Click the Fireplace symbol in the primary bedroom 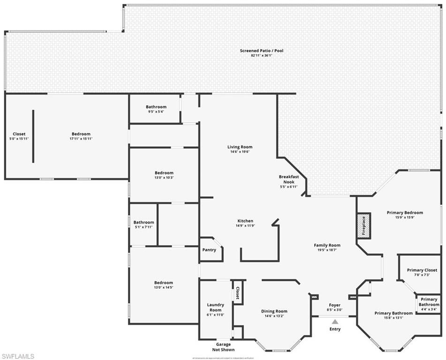click(x=363, y=225)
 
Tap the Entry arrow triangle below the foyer click(x=335, y=322)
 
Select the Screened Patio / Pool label click(x=261, y=51)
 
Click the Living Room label click(x=240, y=147)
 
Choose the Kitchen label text click(x=245, y=221)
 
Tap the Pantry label click(x=209, y=250)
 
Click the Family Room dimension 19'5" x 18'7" click(x=327, y=250)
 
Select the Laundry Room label click(x=215, y=307)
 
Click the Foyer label click(x=334, y=305)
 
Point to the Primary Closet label click(x=422, y=270)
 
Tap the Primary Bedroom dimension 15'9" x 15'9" click(x=404, y=217)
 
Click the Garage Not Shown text click(x=223, y=347)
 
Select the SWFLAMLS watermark click(x=18, y=356)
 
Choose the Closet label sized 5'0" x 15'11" click(x=19, y=134)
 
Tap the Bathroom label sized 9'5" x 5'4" click(x=156, y=107)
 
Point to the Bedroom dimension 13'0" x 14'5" click(x=164, y=287)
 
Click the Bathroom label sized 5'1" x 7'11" click(x=144, y=222)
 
